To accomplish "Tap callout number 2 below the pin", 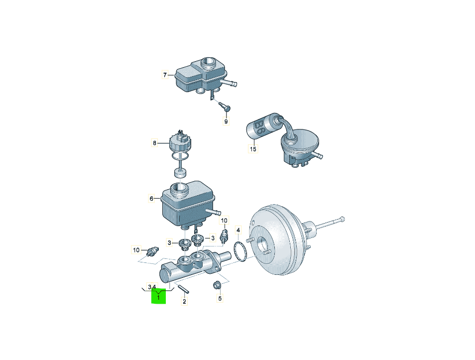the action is (x=184, y=301).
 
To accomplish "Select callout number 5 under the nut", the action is (x=220, y=298).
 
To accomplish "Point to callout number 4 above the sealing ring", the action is (x=238, y=231).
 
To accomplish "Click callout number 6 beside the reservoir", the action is (x=151, y=199).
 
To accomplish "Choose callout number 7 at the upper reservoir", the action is (x=165, y=75).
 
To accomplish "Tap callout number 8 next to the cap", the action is (x=155, y=143).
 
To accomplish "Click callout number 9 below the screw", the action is (x=226, y=121).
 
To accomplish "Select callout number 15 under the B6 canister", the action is (x=253, y=149).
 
